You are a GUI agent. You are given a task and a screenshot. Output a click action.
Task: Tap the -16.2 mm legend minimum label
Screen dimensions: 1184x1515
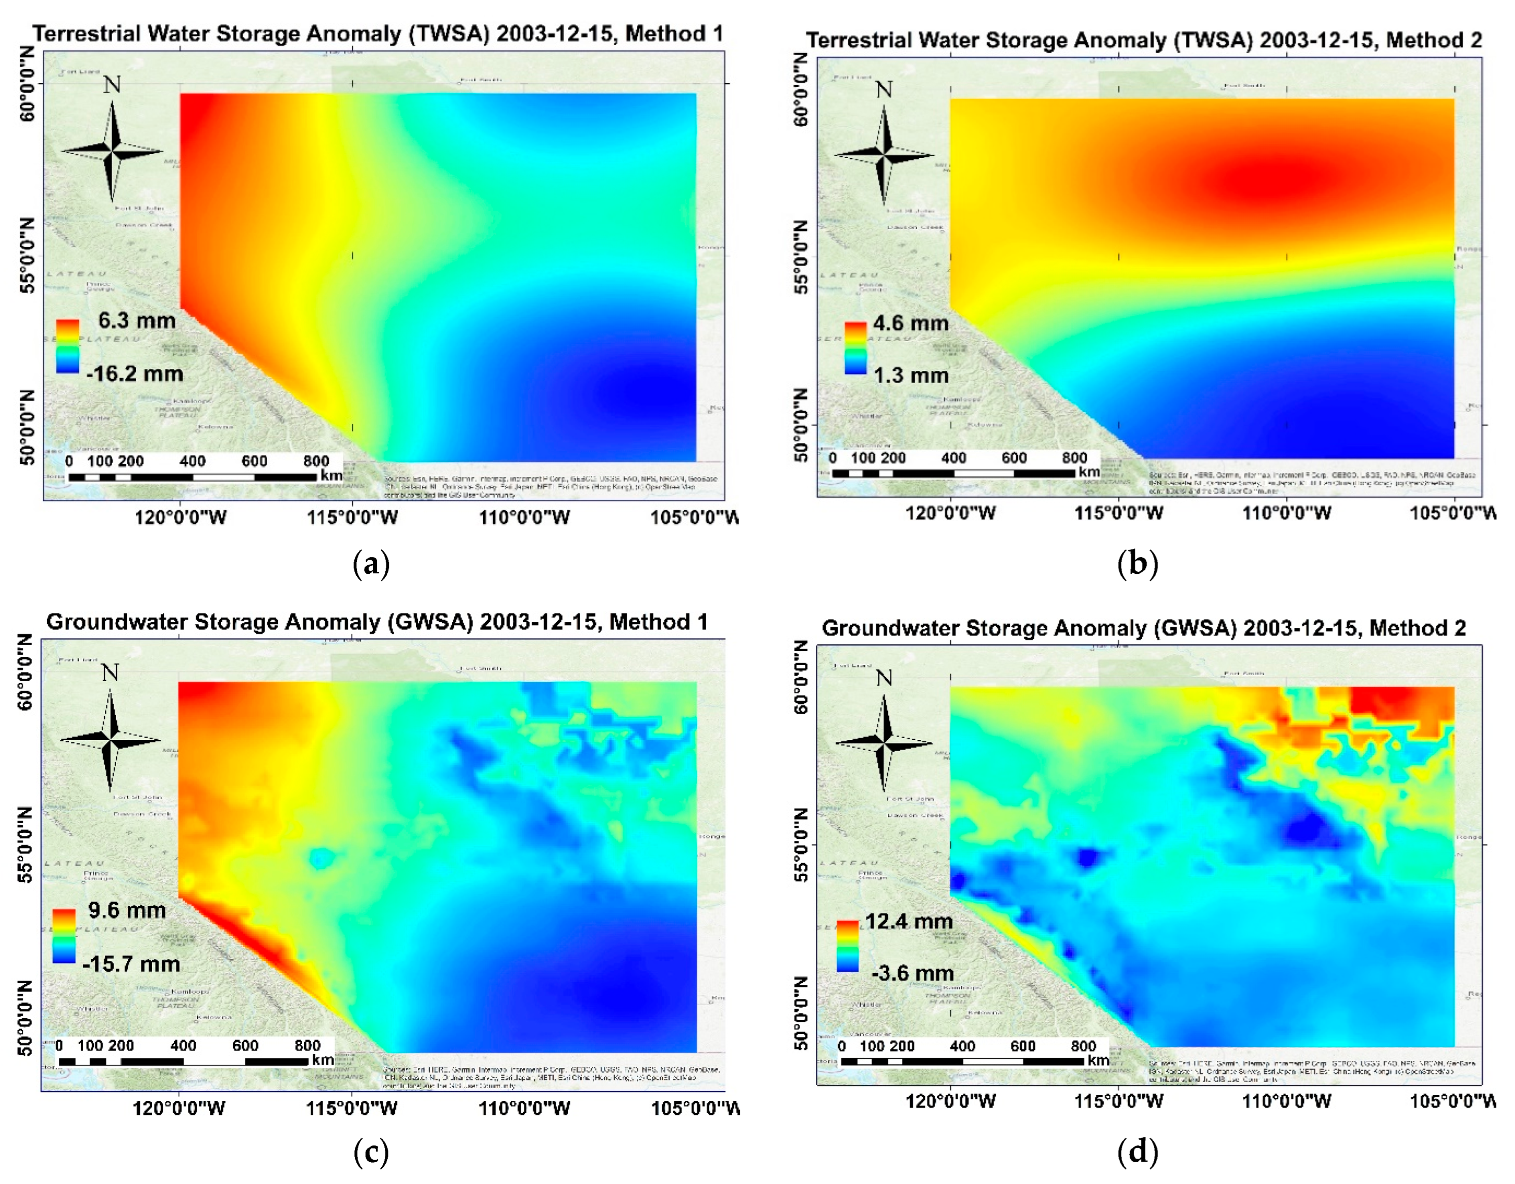tap(134, 374)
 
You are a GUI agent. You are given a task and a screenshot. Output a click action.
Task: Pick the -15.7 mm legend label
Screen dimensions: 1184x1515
tap(131, 964)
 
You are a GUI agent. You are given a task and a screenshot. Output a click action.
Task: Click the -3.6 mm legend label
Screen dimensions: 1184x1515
tap(912, 973)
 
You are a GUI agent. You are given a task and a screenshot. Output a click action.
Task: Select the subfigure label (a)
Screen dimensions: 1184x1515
tap(371, 564)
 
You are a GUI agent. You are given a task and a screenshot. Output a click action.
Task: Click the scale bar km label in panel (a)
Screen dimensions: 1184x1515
tap(332, 476)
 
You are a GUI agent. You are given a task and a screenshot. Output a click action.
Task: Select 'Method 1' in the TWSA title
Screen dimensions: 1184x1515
tap(673, 33)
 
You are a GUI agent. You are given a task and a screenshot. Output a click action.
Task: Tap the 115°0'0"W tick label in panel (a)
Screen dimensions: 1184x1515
tap(352, 517)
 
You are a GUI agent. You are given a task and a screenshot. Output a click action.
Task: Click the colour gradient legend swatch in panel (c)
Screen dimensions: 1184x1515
tap(64, 936)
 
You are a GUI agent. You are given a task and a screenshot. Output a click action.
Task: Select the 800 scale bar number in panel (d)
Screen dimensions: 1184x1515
tap(1083, 1046)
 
